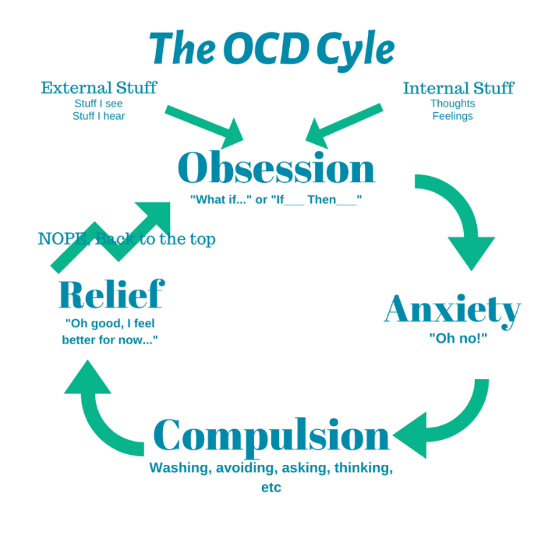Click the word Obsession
[x=276, y=167]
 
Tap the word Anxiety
[x=452, y=310]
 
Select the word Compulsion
[x=271, y=436]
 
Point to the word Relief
[x=111, y=294]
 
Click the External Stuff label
[x=98, y=87]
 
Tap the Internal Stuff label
[x=458, y=88]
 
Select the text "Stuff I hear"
[x=98, y=116]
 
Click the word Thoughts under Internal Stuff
[x=452, y=103]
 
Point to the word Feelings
[x=452, y=116]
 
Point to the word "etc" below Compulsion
[x=270, y=488]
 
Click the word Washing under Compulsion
[x=175, y=469]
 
